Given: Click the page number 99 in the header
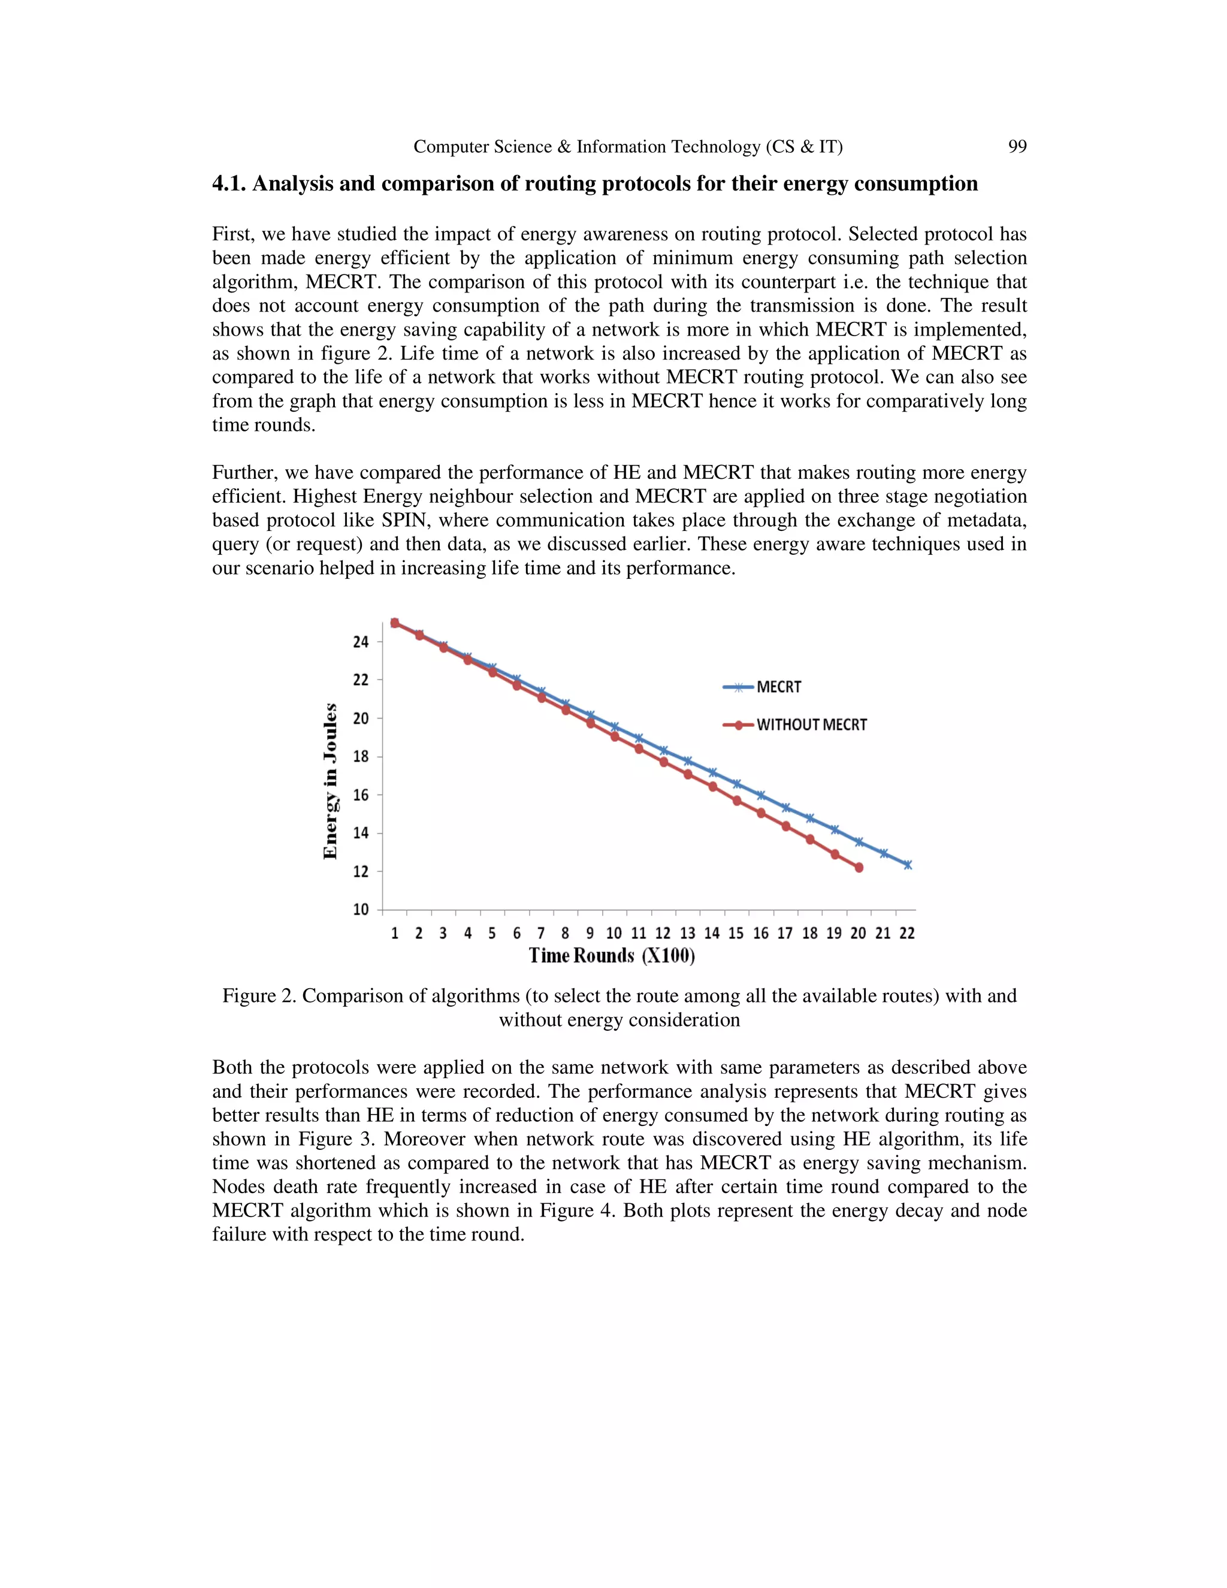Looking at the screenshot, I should click(x=1017, y=147).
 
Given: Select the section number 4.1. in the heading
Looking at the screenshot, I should click(x=229, y=184).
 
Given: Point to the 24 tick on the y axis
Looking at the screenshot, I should click(x=361, y=642).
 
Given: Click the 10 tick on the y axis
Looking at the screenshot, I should click(x=361, y=910).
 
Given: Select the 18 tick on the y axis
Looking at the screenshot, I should click(x=361, y=757).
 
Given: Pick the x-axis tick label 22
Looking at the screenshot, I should click(x=907, y=934).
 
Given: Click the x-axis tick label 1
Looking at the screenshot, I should click(x=395, y=934).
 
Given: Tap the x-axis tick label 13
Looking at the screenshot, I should click(x=688, y=934).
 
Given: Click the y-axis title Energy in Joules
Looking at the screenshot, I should click(x=331, y=781).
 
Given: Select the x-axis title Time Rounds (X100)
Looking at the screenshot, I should click(x=611, y=955).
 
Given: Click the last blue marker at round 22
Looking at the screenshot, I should click(x=907, y=865).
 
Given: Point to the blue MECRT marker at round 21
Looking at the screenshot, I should click(x=884, y=853).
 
